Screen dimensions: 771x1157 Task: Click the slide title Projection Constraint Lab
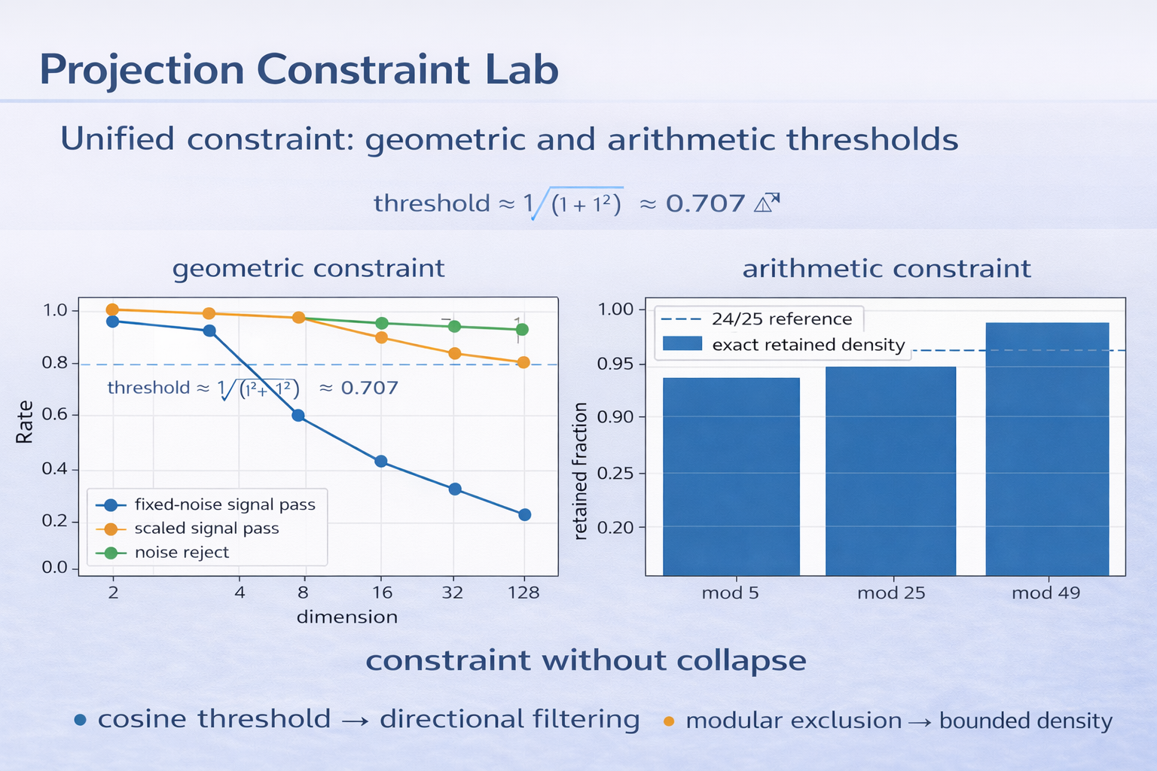point(298,70)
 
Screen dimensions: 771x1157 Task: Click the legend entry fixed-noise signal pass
point(224,504)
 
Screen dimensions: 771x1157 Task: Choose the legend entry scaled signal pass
point(206,529)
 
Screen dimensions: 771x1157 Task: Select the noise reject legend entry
point(181,553)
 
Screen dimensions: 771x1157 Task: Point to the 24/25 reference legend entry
point(780,319)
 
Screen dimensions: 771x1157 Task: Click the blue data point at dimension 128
point(525,515)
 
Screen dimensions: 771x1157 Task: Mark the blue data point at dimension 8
point(298,416)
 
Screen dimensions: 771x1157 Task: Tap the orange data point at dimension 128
point(524,362)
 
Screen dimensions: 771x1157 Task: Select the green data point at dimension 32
point(454,326)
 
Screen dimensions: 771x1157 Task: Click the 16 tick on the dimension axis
point(382,593)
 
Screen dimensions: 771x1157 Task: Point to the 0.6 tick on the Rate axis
point(55,415)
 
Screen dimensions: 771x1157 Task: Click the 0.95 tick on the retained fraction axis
point(615,364)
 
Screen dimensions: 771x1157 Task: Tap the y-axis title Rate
point(25,422)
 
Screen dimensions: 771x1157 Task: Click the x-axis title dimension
point(346,617)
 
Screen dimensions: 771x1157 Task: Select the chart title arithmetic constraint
point(886,269)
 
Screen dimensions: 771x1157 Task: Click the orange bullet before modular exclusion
point(668,721)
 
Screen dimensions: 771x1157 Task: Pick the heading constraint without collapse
point(585,660)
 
